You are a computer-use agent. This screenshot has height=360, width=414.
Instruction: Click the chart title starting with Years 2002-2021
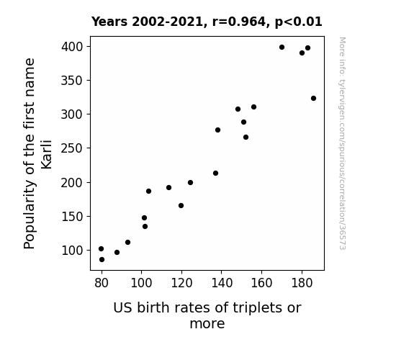click(x=207, y=22)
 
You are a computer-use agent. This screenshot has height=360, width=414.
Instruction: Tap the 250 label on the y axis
click(x=72, y=148)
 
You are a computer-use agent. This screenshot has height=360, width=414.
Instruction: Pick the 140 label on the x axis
click(x=222, y=283)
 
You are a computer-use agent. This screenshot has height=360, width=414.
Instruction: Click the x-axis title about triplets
click(x=207, y=315)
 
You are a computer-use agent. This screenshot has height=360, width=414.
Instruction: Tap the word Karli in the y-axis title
click(x=47, y=154)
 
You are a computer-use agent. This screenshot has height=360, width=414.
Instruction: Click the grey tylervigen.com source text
click(x=342, y=143)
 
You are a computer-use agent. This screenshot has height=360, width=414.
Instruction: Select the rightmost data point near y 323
click(x=313, y=98)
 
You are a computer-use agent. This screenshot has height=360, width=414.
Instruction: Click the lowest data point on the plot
click(x=102, y=260)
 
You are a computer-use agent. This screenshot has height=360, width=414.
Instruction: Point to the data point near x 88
click(x=117, y=252)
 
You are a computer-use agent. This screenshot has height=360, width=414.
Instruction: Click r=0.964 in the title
click(x=239, y=22)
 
